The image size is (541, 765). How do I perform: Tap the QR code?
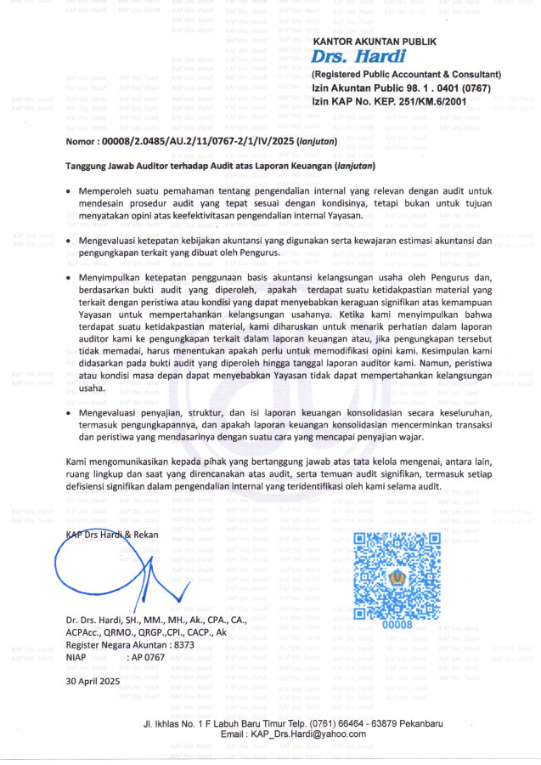pyautogui.click(x=396, y=575)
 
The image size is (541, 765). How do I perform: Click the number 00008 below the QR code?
pyautogui.click(x=397, y=626)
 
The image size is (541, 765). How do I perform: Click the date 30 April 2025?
pyautogui.click(x=93, y=682)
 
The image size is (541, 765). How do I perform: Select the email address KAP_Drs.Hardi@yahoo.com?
pyautogui.click(x=293, y=734)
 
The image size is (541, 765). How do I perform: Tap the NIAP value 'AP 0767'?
pyautogui.click(x=147, y=657)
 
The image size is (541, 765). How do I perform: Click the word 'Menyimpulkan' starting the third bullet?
pyautogui.click(x=114, y=277)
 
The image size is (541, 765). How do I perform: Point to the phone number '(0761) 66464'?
pyautogui.click(x=344, y=722)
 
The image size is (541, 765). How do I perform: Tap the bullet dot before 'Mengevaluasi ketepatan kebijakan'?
pyautogui.click(x=69, y=241)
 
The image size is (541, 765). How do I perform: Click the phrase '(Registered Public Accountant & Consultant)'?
pyautogui.click(x=407, y=75)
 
